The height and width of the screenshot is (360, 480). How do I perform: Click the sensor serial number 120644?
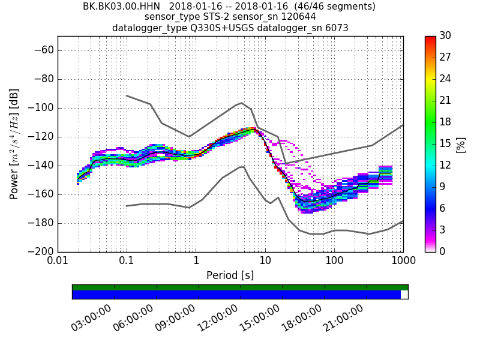[x=295, y=17]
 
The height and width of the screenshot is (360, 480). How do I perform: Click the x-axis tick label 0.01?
[x=58, y=262]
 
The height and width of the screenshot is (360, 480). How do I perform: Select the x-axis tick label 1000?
[x=403, y=262]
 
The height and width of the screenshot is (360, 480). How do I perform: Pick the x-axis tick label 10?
[x=265, y=262]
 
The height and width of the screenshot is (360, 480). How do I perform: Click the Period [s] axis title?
[x=230, y=275]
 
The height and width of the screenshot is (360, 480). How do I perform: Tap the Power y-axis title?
[x=14, y=144]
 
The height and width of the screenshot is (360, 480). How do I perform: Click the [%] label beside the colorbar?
[x=461, y=144]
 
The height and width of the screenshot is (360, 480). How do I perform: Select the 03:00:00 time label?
[x=92, y=318]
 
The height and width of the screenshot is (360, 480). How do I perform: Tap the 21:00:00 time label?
[x=344, y=318]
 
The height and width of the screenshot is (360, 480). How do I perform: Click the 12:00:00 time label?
[x=218, y=318]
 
